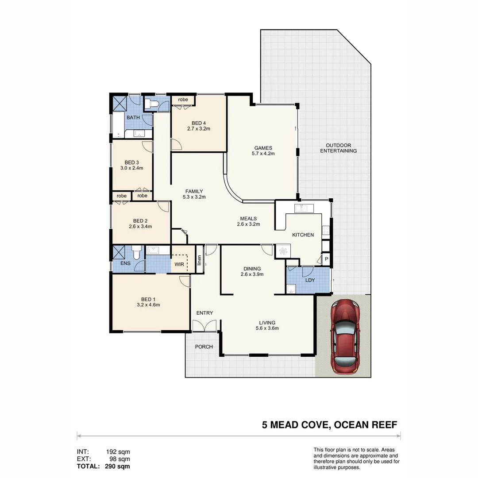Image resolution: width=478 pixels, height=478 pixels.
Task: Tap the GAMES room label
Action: tap(263, 148)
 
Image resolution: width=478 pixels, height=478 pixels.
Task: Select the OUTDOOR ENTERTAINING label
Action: tap(338, 148)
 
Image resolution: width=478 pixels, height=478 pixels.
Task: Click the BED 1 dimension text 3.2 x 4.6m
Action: tap(148, 305)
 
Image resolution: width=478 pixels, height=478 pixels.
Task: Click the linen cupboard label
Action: tap(199, 262)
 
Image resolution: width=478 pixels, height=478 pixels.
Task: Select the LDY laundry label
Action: tap(310, 280)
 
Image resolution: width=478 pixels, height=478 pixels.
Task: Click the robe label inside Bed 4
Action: tap(183, 100)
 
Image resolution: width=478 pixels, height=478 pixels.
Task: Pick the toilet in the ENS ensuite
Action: tap(136, 254)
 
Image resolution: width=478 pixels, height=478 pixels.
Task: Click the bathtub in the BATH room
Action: tap(118, 125)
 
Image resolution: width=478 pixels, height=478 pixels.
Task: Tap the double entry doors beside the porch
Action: tap(204, 326)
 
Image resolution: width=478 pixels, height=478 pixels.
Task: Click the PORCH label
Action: tap(204, 347)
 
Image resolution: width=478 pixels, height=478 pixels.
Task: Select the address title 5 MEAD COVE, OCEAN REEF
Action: tap(329, 425)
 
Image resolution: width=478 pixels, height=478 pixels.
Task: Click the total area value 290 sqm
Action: tap(117, 466)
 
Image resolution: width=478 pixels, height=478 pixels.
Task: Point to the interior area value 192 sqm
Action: tap(118, 452)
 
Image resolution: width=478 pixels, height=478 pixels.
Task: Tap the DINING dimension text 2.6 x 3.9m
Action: tap(252, 274)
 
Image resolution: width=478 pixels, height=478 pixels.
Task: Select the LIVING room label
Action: tap(267, 323)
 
